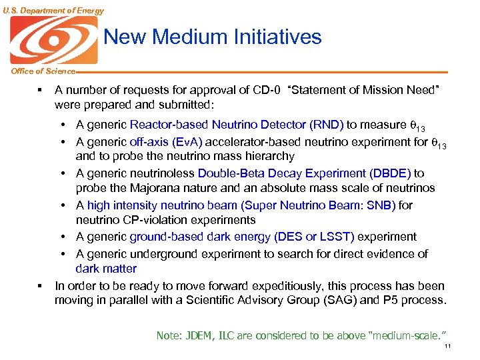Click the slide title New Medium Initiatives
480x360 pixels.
(x=213, y=37)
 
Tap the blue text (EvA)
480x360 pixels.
(x=187, y=141)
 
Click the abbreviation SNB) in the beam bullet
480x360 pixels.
(x=381, y=205)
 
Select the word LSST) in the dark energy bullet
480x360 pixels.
(x=338, y=237)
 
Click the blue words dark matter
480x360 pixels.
(x=106, y=269)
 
